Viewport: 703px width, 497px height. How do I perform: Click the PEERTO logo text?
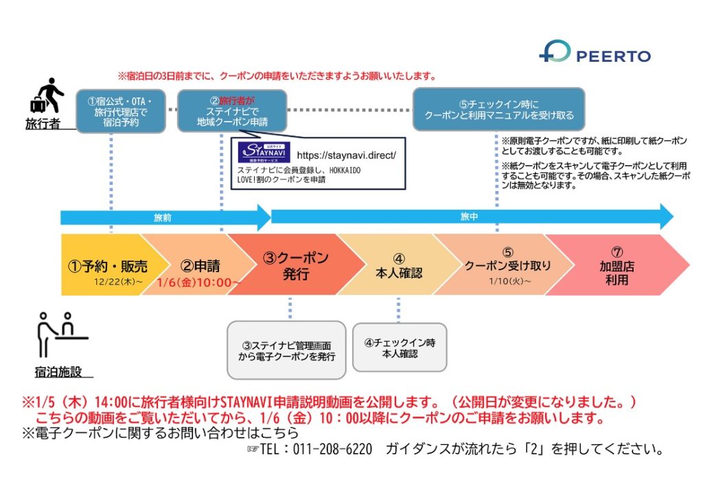pyautogui.click(x=613, y=56)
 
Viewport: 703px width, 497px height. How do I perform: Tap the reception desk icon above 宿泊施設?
pyautogui.click(x=62, y=335)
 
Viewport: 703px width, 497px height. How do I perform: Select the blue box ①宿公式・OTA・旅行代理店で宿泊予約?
pyautogui.click(x=121, y=111)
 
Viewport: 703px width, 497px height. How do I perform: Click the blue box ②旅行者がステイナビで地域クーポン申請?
pyautogui.click(x=232, y=111)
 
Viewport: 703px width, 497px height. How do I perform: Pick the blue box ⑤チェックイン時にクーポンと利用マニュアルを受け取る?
pyautogui.click(x=499, y=109)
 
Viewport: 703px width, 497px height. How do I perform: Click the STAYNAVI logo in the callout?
pyautogui.click(x=264, y=152)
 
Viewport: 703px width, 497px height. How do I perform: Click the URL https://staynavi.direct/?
pyautogui.click(x=346, y=155)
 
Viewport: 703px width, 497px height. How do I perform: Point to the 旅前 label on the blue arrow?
pyautogui.click(x=162, y=218)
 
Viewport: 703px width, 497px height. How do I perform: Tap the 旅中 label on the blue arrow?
pyautogui.click(x=469, y=217)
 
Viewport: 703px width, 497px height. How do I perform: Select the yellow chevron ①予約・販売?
pyautogui.click(x=108, y=265)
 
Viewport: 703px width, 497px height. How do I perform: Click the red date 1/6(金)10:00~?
pyautogui.click(x=198, y=283)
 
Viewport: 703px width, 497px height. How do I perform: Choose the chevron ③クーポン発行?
pyautogui.click(x=296, y=265)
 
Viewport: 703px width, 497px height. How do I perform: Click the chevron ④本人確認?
pyautogui.click(x=399, y=265)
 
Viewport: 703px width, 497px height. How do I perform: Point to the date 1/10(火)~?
pyautogui.click(x=510, y=281)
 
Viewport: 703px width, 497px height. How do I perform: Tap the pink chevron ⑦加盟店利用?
pyautogui.click(x=617, y=265)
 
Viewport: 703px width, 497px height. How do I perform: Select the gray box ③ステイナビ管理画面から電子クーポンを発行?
pyautogui.click(x=286, y=351)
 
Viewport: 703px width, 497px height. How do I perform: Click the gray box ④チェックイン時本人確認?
pyautogui.click(x=400, y=348)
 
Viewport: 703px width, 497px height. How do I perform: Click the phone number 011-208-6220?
pyautogui.click(x=332, y=449)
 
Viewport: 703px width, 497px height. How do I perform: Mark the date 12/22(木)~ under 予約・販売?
pyautogui.click(x=118, y=282)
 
